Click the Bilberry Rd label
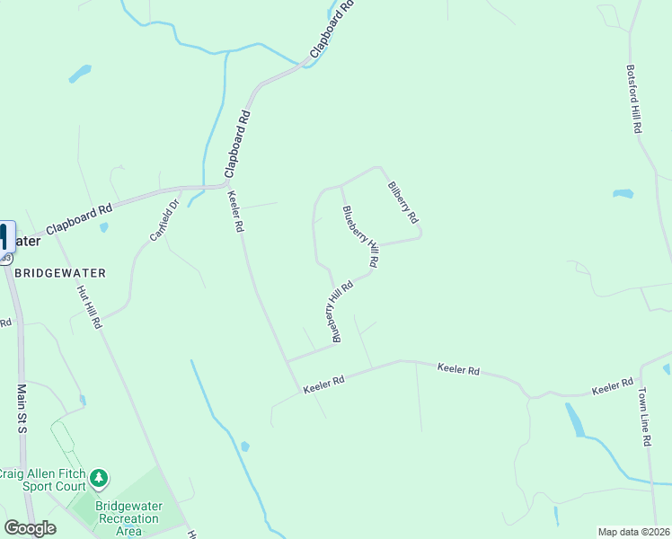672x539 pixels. [x=402, y=203]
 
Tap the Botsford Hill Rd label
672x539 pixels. [x=633, y=99]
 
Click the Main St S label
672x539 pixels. [x=22, y=409]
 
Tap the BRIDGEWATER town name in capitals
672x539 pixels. [x=60, y=272]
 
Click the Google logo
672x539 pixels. [x=30, y=528]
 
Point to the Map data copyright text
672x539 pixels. [x=634, y=532]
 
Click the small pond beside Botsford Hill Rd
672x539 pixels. [x=623, y=193]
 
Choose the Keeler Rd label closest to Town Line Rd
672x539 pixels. [x=613, y=388]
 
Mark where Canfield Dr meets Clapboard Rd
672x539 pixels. [x=182, y=190]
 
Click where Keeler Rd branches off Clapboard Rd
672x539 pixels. [x=225, y=186]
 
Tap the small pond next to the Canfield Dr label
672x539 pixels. [x=104, y=228]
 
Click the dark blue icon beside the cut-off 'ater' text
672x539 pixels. [x=4, y=237]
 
